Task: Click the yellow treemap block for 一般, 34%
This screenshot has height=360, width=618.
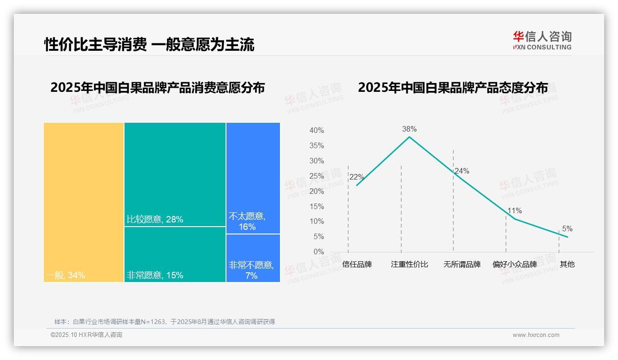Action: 84,202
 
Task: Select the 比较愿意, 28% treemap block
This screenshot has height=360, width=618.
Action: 175,174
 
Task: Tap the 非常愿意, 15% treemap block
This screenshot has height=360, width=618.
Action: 175,254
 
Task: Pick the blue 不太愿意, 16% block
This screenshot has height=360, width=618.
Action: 253,178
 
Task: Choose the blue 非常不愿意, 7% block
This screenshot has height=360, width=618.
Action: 253,258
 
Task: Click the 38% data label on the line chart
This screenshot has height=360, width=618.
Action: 409,129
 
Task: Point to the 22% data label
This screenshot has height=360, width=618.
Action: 357,177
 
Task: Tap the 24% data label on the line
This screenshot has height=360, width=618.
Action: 462,171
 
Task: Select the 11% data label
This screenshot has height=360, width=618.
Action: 514,211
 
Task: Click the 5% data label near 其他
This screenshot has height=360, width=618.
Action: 567,229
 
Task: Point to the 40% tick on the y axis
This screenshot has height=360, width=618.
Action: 316,131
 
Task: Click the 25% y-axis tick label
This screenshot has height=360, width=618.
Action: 316,176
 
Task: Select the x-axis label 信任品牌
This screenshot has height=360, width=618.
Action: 357,264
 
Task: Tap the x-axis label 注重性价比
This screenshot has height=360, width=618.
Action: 410,264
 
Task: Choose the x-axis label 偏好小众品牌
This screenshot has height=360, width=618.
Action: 515,264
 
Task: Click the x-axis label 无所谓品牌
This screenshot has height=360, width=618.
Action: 462,264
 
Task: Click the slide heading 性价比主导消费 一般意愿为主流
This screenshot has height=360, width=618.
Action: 149,45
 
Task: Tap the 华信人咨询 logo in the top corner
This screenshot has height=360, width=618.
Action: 542,41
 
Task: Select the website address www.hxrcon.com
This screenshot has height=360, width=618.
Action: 536,335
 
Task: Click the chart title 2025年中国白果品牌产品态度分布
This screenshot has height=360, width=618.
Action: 453,88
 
